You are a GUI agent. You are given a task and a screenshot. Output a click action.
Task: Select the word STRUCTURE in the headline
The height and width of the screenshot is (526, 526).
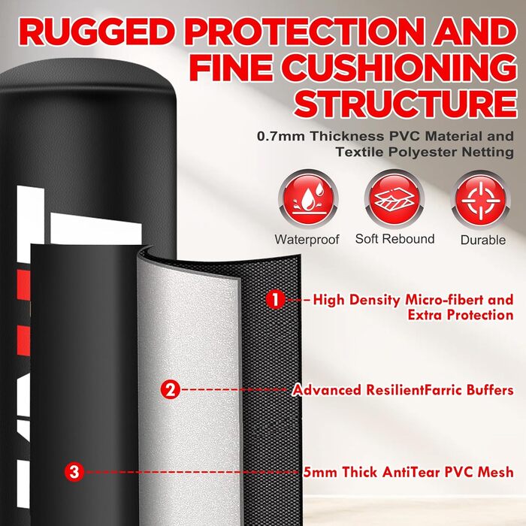tap(405, 101)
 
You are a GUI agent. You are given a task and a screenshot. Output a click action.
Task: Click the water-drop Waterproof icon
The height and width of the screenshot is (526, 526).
tap(307, 201)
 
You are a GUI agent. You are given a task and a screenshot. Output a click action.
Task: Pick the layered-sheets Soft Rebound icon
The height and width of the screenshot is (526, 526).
tap(394, 201)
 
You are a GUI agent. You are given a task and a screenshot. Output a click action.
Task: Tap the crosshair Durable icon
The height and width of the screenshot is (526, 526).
tap(482, 201)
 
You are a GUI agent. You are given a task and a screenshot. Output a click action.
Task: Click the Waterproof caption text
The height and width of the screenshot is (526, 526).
tap(307, 239)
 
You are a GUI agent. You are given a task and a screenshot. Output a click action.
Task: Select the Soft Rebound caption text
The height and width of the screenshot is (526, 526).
tap(394, 239)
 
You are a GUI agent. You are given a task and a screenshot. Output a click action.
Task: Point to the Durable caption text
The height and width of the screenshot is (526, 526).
tap(483, 240)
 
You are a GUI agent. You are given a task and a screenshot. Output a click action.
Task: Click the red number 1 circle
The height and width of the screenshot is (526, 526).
tap(276, 300)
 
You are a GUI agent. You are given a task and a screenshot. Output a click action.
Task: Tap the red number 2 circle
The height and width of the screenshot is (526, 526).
tap(170, 389)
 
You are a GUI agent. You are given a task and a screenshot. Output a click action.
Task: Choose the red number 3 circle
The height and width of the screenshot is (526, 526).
tap(74, 472)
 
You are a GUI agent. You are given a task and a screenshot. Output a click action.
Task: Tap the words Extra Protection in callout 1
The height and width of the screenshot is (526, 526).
tap(461, 315)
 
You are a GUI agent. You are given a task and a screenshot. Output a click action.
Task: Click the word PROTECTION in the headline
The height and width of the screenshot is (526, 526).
tap(304, 32)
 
